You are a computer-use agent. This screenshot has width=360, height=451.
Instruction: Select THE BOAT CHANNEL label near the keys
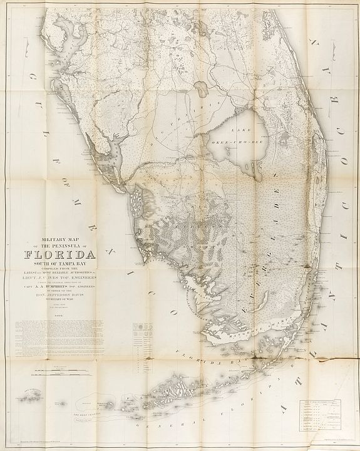[88, 414]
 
